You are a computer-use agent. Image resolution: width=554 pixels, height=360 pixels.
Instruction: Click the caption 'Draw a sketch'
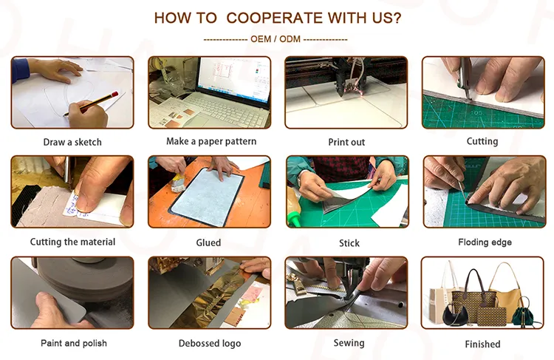(72, 142)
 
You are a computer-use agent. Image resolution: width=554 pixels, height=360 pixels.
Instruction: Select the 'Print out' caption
(346, 142)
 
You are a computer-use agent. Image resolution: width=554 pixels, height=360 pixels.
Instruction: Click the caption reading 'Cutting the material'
(72, 242)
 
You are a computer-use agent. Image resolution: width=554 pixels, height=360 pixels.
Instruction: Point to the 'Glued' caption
(208, 242)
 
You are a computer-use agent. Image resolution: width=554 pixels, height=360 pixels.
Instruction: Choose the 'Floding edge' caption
(485, 242)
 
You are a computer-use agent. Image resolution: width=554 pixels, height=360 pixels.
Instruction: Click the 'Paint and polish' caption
(73, 343)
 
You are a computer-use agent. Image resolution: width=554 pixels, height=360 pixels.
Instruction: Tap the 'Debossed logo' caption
(210, 343)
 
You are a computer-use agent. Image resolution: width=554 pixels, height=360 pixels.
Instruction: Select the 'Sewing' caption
(349, 343)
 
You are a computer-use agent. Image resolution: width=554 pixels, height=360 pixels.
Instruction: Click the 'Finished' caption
(482, 344)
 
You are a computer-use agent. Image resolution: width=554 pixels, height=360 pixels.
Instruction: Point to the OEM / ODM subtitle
(275, 39)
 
